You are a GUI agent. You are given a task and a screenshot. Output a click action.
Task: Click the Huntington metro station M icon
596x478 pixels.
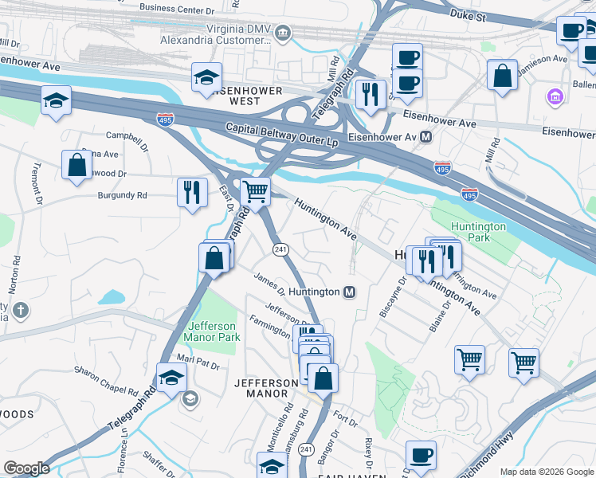[x=349, y=292]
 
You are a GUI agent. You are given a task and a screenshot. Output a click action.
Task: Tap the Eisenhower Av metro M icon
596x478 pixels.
[x=426, y=137]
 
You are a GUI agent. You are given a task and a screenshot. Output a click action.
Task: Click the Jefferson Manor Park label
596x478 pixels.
[x=213, y=331]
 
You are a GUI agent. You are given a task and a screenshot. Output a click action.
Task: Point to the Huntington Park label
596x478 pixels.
[x=478, y=233]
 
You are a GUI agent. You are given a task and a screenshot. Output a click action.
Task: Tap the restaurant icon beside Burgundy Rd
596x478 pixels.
[x=192, y=194]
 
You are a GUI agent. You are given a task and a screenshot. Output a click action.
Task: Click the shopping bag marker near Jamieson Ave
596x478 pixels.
[x=503, y=77]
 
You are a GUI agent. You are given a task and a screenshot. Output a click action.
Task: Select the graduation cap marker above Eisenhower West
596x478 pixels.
[x=206, y=78]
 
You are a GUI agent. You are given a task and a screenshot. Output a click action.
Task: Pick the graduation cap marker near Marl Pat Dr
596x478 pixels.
[x=171, y=379]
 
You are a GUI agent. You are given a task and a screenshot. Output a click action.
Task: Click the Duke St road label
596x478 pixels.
[x=469, y=15]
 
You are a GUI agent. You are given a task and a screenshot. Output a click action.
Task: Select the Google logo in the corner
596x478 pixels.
[x=26, y=468]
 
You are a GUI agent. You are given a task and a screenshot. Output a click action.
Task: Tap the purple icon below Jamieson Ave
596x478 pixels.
[x=555, y=97]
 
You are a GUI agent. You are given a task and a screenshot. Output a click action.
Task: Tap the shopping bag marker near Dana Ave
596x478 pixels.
[x=76, y=166]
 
